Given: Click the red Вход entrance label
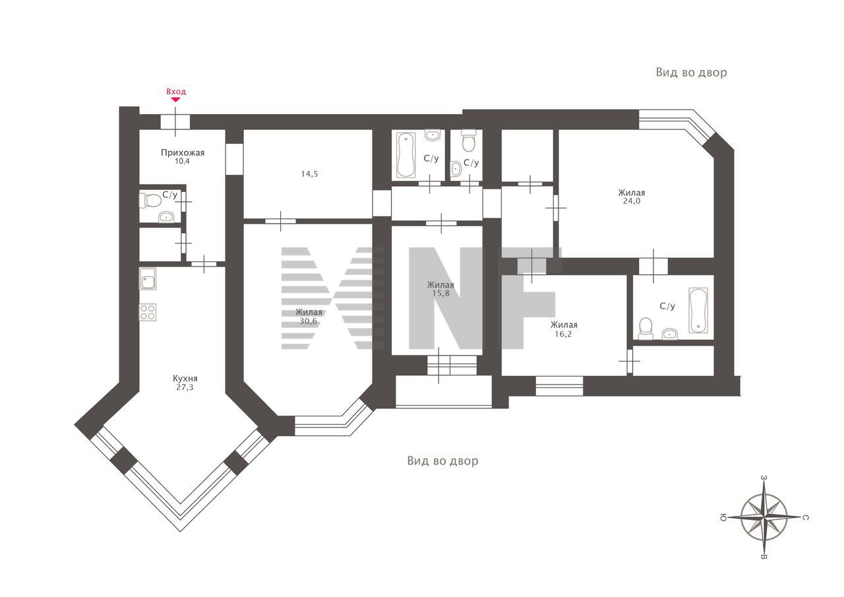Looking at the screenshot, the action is tap(176, 92).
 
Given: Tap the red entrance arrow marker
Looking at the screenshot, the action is tap(175, 100).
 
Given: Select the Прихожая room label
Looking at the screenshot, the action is tap(183, 152).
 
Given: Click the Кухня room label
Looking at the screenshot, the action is tap(185, 378).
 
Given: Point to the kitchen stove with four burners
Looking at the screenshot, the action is tap(148, 312).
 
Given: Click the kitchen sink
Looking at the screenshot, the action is tap(148, 278).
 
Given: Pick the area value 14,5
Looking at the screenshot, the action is tap(309, 173).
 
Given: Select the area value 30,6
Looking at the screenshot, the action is tap(308, 321).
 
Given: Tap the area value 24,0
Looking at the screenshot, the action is tap(632, 201).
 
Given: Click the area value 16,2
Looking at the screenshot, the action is tap(563, 334).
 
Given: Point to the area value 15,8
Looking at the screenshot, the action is tap(440, 294).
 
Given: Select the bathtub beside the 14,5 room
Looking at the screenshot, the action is tap(406, 155).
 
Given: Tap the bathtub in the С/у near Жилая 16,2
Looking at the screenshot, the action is tap(698, 311).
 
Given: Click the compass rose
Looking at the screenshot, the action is tap(764, 517).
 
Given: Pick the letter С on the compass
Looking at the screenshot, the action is tap(804, 517).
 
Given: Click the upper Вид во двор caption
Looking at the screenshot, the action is tap(692, 73).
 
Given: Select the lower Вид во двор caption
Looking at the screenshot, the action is tap(442, 460).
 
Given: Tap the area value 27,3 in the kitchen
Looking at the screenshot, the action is tap(185, 387).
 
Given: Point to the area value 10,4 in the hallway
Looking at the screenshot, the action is tap(182, 162).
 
